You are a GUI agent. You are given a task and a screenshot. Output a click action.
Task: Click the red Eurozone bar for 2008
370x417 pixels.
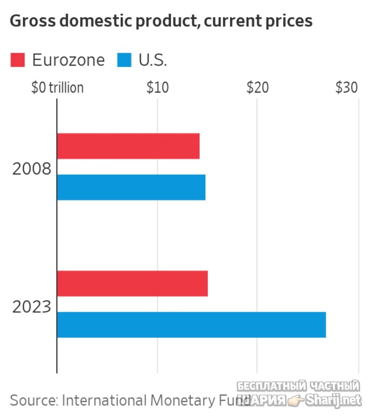pyautogui.click(x=128, y=146)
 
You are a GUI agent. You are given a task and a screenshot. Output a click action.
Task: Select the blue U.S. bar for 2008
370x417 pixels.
pyautogui.click(x=131, y=187)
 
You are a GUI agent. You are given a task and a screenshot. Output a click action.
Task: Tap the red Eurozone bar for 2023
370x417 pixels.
pyautogui.click(x=132, y=283)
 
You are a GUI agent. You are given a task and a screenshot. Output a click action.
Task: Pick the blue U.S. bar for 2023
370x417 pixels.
pyautogui.click(x=191, y=324)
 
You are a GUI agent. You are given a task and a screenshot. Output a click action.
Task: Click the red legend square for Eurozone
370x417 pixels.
pyautogui.click(x=18, y=60)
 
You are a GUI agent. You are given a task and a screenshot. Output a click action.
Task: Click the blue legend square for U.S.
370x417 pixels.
pyautogui.click(x=124, y=60)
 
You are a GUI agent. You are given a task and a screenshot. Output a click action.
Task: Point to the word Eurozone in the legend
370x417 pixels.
pyautogui.click(x=68, y=60)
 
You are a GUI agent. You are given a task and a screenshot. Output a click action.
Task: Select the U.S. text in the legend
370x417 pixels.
pyautogui.click(x=153, y=60)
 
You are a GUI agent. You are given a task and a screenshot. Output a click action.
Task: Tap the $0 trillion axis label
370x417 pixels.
pyautogui.click(x=57, y=88)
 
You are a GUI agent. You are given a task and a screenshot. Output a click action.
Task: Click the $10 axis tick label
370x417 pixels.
pyautogui.click(x=157, y=88)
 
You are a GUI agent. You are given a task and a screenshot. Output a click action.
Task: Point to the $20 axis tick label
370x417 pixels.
pyautogui.click(x=258, y=88)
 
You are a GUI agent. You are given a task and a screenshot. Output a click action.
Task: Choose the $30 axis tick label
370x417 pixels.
pyautogui.click(x=347, y=88)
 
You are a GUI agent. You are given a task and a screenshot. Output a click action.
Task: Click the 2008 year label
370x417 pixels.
pyautogui.click(x=32, y=169)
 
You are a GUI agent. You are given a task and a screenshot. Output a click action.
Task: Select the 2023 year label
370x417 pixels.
pyautogui.click(x=32, y=307)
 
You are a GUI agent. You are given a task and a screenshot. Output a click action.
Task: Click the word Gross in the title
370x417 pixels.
pyautogui.click(x=33, y=21)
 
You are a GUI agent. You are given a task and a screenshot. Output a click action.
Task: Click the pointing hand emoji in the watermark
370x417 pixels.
pyautogui.click(x=295, y=401)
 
